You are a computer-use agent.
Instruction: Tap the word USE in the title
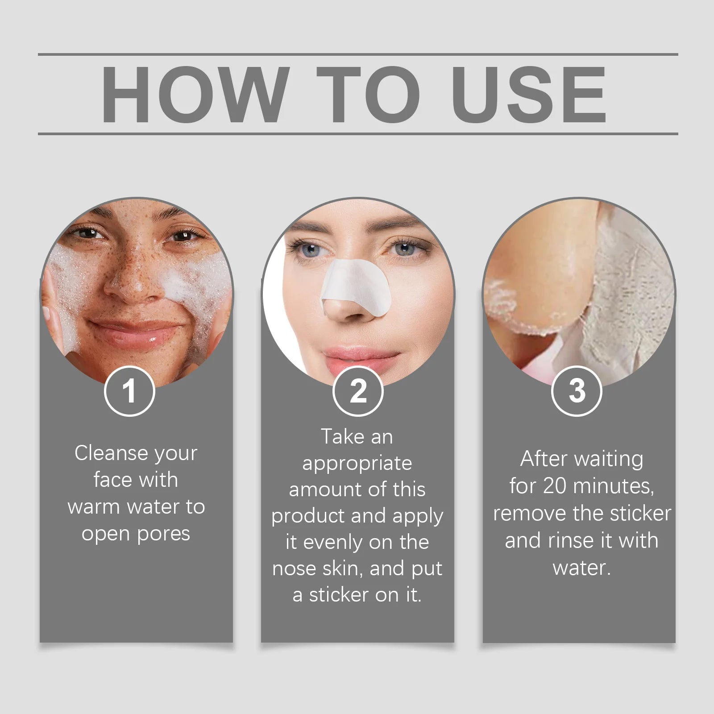click(x=529, y=95)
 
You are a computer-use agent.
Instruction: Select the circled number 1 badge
click(x=129, y=391)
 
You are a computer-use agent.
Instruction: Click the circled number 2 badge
click(x=358, y=391)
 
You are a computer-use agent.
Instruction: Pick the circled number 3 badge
click(x=577, y=391)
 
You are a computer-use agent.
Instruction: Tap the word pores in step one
click(x=164, y=534)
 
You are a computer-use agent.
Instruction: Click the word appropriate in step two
click(x=357, y=464)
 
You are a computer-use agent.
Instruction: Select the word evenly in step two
click(x=333, y=542)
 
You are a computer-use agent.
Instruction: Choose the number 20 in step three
click(x=555, y=486)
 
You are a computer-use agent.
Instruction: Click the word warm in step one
click(x=94, y=507)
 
